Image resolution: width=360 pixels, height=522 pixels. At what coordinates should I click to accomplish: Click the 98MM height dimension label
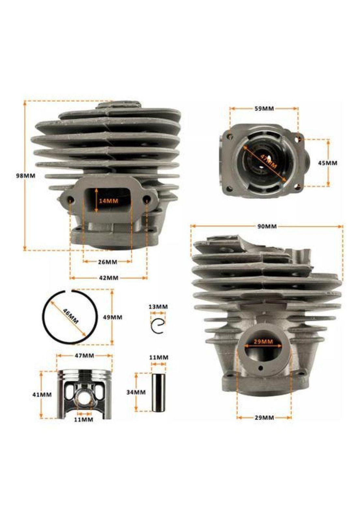coord(26,176)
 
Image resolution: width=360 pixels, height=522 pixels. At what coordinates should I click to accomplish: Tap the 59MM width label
coord(264,108)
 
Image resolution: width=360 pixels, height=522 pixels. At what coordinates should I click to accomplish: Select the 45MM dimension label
coord(328,163)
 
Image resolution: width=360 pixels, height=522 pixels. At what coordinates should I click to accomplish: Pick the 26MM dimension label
coord(107,262)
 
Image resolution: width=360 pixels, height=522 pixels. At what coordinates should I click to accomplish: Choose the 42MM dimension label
coord(109,278)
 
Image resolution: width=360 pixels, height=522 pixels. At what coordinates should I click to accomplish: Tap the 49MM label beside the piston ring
coord(113,317)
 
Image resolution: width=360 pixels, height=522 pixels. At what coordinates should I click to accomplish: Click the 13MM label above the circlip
coord(158,307)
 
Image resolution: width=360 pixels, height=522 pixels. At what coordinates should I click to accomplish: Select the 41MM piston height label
coord(42,394)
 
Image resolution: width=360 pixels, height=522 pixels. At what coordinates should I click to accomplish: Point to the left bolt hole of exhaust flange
coord(71,199)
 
